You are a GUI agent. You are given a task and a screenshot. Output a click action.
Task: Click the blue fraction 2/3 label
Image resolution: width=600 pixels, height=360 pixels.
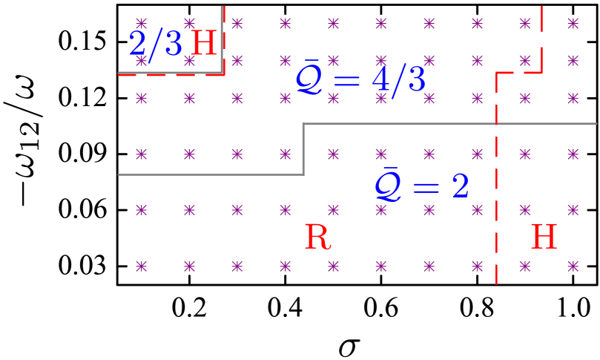coord(156,44)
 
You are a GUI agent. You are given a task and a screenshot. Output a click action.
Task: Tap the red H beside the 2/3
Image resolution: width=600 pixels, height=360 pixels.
coord(204,44)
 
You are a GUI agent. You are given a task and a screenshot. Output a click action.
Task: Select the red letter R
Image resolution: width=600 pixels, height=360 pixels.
coord(317,238)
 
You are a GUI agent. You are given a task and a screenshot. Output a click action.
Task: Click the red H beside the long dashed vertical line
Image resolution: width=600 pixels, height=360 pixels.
coord(544,238)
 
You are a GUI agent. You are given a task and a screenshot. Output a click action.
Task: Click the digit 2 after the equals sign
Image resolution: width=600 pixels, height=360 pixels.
coord(460,186)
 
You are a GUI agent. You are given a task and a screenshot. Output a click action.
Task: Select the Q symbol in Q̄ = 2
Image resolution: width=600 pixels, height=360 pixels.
coord(387,186)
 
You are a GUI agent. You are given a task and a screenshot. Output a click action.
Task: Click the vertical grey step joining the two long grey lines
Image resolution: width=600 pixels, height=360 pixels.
coord(303,148)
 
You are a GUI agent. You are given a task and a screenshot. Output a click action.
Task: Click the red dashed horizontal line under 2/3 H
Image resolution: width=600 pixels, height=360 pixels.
coord(171,75)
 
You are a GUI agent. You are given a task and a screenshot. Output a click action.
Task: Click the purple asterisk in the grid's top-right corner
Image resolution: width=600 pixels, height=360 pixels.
coord(573,23)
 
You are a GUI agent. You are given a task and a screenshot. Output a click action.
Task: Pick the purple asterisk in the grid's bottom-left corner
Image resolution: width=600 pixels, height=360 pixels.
coord(141,266)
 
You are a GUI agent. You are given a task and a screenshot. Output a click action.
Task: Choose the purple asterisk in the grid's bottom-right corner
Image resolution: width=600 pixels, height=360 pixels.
coord(573,266)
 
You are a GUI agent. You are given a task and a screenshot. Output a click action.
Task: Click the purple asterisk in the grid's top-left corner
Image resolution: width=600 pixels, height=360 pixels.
coord(141,23)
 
